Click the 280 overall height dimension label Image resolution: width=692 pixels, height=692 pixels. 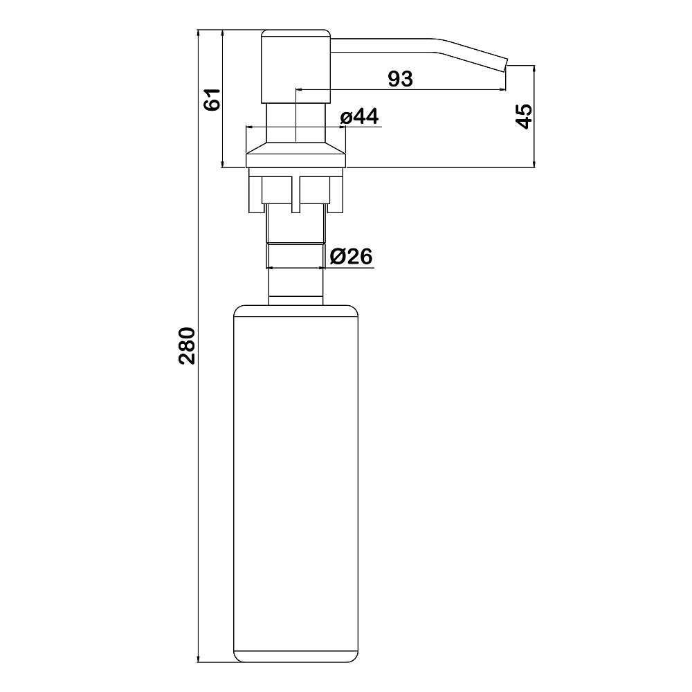coord(187,345)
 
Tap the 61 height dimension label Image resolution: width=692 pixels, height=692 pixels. coord(212,99)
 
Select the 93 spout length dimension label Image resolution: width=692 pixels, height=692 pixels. coord(400,79)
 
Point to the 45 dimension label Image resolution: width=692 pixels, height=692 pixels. coord(524,116)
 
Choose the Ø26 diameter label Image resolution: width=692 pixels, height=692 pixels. coord(352,257)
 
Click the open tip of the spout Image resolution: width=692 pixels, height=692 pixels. coord(505,64)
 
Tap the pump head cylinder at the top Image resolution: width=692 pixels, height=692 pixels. coord(295,66)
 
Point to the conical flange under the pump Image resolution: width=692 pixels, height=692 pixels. coord(295,155)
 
